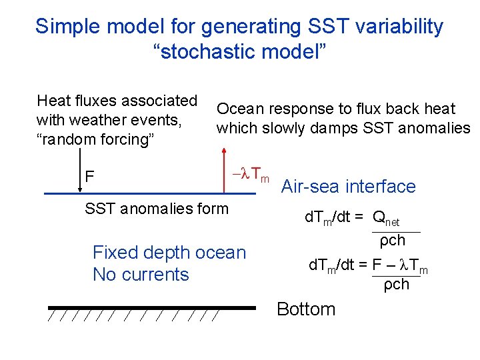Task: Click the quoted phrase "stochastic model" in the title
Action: coord(240,52)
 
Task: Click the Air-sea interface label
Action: coord(349,187)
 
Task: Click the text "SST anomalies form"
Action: coord(157,209)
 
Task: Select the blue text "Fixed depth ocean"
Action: coord(169,253)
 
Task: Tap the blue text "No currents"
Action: coord(141,275)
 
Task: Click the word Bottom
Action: coord(305,309)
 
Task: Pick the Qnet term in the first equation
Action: coord(386,217)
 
